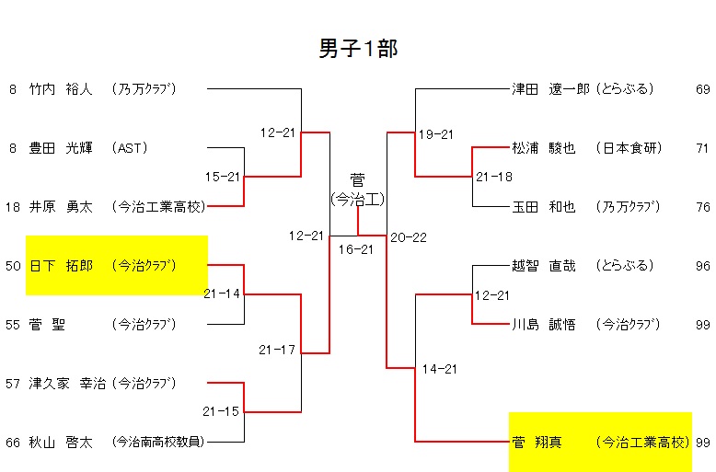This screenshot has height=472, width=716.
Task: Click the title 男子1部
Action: coord(358,49)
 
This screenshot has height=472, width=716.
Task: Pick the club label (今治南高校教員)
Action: coord(156,443)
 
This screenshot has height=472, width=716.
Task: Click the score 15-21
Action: coord(223,177)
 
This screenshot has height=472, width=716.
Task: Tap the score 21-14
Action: coord(223,294)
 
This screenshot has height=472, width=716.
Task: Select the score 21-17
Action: coord(277,350)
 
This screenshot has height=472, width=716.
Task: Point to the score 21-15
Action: coord(223,411)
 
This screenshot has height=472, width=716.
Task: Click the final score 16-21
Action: coord(356,249)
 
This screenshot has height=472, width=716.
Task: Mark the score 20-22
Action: coord(409,236)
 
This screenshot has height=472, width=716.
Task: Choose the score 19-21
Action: coord(436,134)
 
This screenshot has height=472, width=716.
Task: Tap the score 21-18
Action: coord(494,177)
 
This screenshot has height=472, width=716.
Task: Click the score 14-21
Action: coord(440,369)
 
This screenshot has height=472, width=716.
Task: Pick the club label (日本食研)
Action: coord(628,148)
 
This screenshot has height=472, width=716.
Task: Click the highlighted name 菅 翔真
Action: coord(537,443)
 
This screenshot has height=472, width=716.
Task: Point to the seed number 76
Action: coord(703,207)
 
